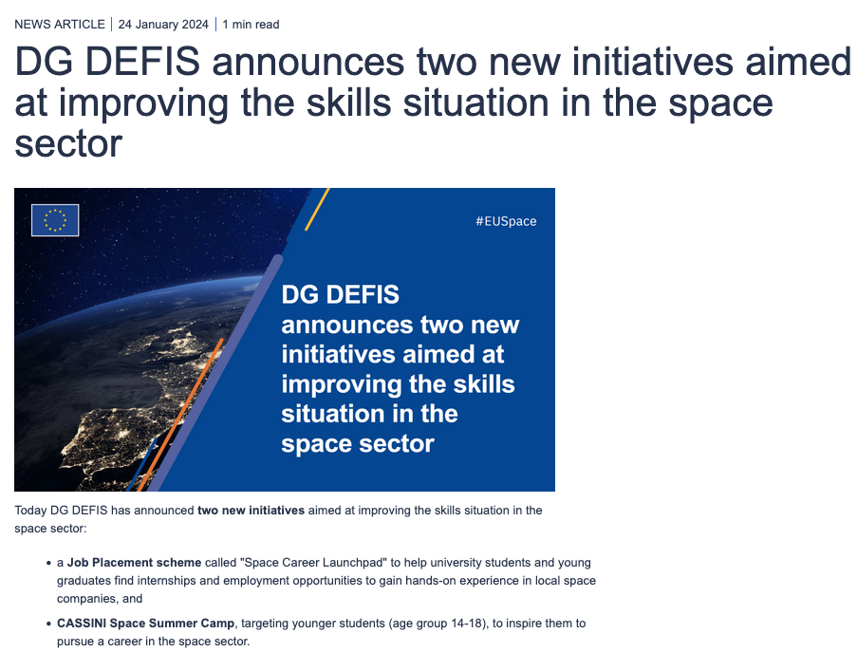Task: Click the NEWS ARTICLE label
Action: (60, 25)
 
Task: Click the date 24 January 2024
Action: (163, 25)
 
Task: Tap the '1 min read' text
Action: (251, 25)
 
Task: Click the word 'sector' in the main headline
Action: (68, 143)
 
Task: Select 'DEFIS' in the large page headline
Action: (142, 61)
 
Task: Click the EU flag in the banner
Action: (55, 220)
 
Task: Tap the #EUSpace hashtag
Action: (506, 221)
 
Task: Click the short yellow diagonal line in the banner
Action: (317, 210)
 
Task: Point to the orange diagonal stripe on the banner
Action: (180, 415)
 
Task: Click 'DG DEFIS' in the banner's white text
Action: (340, 295)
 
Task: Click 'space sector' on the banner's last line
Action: (358, 444)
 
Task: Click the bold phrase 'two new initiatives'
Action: (251, 511)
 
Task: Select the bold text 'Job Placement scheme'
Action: (134, 563)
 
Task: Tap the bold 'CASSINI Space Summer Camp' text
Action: (145, 623)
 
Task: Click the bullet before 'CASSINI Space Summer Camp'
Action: (49, 624)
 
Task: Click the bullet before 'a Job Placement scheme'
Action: (49, 563)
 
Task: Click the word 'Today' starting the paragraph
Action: (30, 511)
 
